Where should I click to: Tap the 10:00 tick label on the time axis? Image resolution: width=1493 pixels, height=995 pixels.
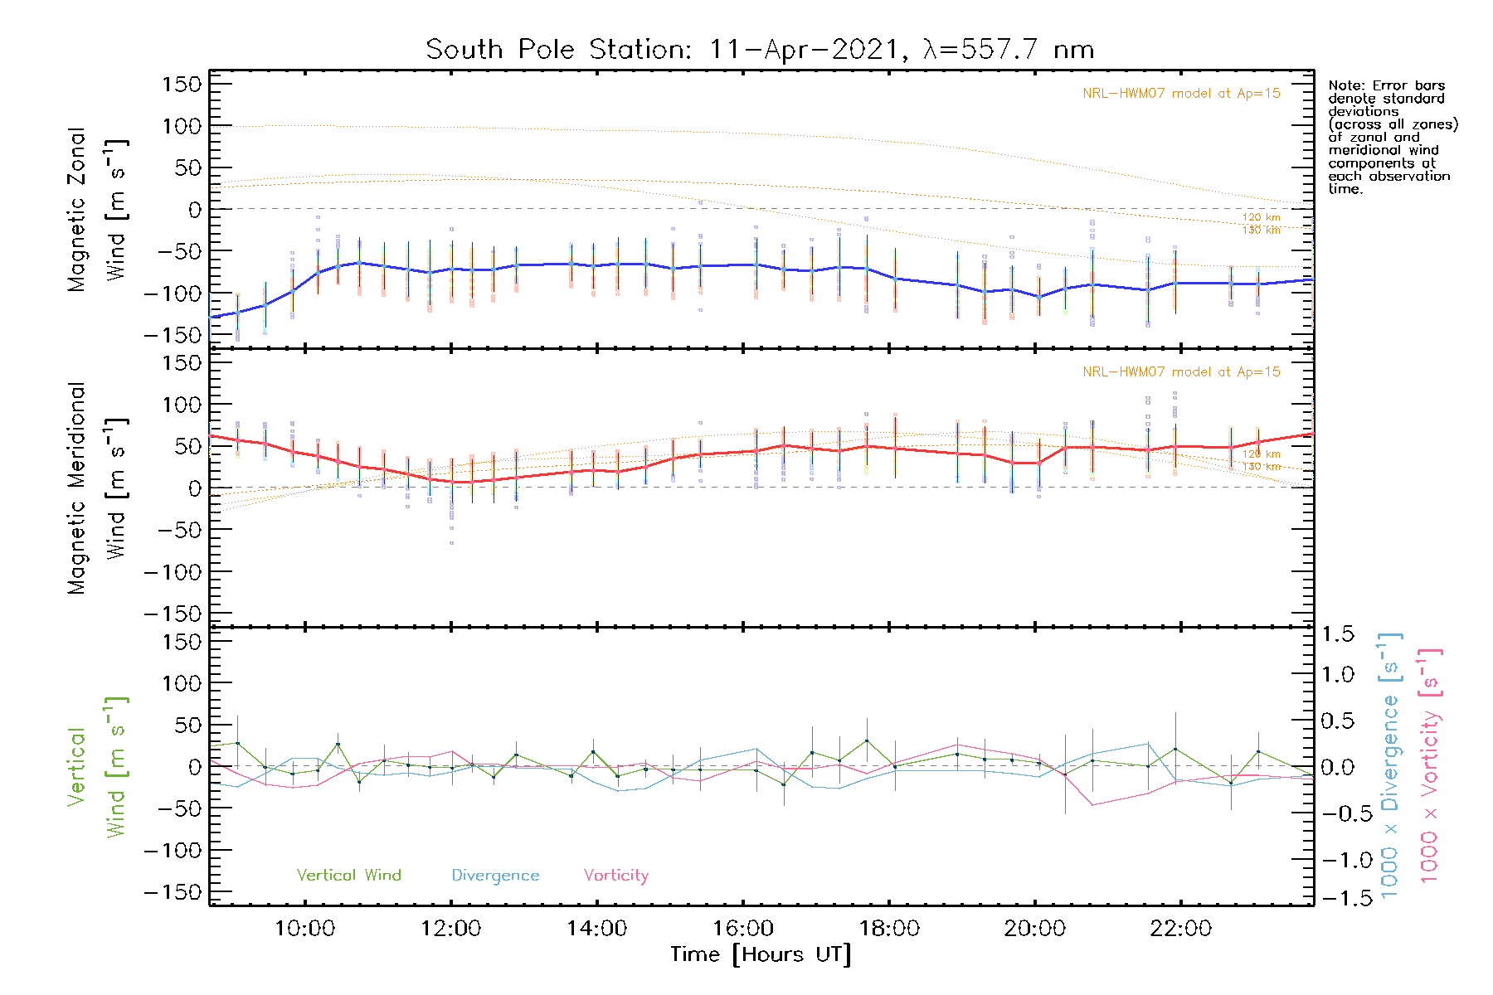click(304, 929)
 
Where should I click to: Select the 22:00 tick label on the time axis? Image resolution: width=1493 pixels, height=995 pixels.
click(1180, 929)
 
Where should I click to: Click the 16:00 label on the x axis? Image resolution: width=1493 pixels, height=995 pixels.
click(743, 929)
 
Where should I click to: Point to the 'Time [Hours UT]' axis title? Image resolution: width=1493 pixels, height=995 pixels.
click(761, 954)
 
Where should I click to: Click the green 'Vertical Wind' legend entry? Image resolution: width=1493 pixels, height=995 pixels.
click(348, 875)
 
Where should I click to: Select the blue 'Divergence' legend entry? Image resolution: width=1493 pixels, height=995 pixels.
click(495, 876)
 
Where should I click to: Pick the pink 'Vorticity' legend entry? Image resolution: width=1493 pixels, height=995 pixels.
click(615, 875)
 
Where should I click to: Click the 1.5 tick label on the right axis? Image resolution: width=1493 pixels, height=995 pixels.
click(1337, 634)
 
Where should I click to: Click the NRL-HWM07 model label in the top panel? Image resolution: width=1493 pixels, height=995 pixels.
click(1181, 94)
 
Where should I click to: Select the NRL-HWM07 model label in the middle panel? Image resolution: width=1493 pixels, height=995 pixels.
click(1181, 372)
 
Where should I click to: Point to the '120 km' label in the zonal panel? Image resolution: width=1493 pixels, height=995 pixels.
click(1261, 217)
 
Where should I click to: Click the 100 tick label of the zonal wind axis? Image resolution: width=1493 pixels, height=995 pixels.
click(182, 126)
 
